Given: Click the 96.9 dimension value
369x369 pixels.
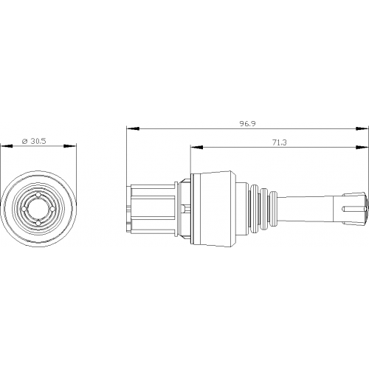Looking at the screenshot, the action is tap(248, 123).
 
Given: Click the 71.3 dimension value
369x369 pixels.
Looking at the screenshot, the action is tap(280, 142).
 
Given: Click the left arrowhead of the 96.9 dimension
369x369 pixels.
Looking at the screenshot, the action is tap(133, 128).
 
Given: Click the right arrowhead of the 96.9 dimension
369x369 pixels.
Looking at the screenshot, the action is tap(362, 128).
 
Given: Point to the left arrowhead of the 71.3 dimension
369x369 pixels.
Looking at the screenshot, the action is tap(197, 148).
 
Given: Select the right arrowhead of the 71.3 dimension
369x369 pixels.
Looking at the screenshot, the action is tap(362, 148).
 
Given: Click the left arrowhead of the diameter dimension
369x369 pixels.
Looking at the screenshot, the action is tap(7, 146).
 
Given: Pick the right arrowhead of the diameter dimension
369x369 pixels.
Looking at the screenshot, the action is tap(70, 146).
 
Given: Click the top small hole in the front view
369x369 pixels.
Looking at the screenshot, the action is tap(38, 195).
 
